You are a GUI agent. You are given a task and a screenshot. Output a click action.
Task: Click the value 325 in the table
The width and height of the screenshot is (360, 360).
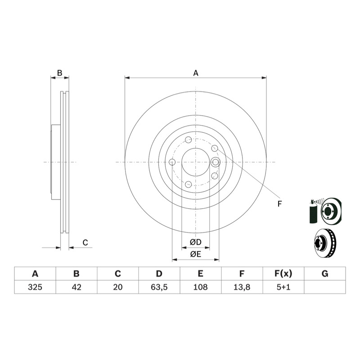tap(35, 287)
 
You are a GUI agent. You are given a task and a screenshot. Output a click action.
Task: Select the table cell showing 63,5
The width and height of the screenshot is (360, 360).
tap(159, 287)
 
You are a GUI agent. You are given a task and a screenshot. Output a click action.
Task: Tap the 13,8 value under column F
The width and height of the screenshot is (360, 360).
tap(242, 287)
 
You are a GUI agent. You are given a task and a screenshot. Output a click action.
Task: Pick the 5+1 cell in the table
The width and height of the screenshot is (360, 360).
tap(283, 287)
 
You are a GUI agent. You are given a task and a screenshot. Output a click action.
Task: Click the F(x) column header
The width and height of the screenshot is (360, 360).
tap(283, 274)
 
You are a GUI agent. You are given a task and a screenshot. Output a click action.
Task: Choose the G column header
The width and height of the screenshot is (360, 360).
tap(325, 274)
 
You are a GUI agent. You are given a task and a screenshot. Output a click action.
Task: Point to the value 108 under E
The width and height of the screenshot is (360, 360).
tap(200, 287)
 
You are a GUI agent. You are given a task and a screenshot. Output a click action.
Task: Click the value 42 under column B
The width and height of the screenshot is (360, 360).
tap(76, 287)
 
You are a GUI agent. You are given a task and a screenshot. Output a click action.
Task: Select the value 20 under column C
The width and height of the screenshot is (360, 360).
tap(118, 287)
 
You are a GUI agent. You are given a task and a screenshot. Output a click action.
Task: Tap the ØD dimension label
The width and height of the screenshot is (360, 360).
tap(196, 242)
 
